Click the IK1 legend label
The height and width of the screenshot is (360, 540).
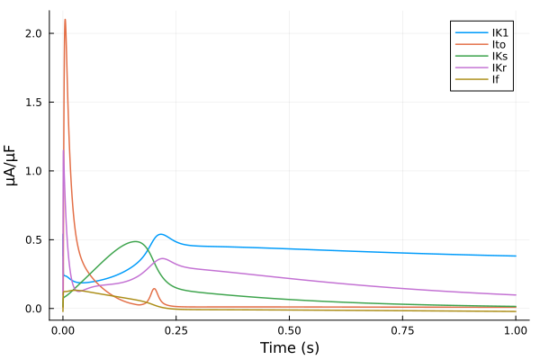point(500,32)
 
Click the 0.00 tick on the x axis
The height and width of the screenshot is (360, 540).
point(63,330)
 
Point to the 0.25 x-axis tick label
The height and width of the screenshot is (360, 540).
point(176,330)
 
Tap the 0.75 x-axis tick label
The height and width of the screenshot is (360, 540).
point(402,330)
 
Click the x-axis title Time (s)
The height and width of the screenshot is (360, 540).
point(290,347)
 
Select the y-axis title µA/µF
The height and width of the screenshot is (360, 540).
point(12,165)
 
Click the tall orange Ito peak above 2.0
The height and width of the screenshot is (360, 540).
point(65,20)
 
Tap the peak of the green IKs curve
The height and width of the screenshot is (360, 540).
point(137,241)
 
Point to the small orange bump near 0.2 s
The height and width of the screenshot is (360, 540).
point(154,289)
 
